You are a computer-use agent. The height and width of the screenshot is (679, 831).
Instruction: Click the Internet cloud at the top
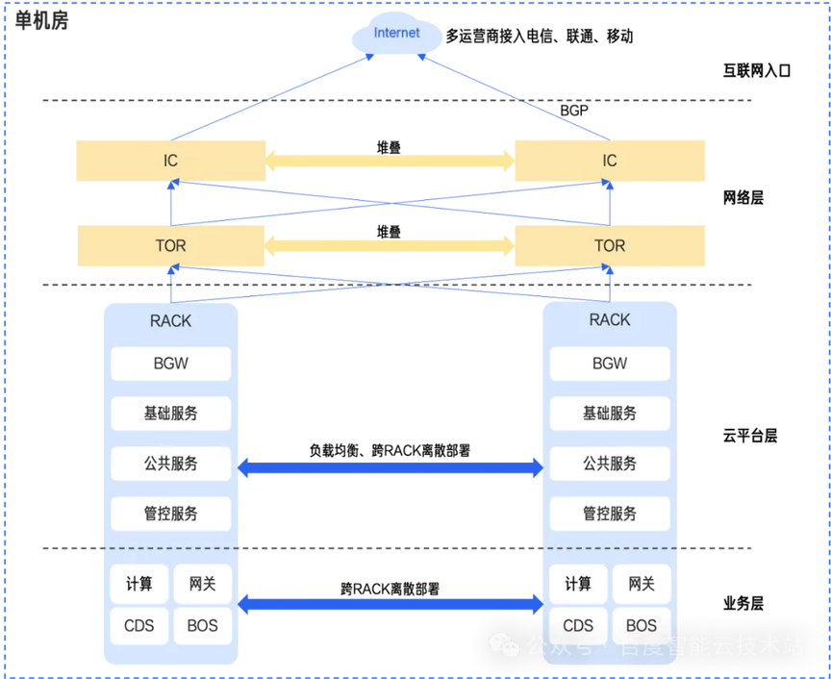click(397, 35)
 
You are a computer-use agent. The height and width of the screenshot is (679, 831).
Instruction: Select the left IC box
click(170, 161)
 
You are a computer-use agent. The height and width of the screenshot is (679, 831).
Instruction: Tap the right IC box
click(610, 161)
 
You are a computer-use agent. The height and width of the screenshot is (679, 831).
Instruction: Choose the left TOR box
click(170, 246)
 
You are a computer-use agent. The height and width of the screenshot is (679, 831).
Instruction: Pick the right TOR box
click(610, 246)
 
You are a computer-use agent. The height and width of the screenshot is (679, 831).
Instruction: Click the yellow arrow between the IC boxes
click(390, 161)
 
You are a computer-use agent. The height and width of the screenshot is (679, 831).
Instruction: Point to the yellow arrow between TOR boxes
click(390, 246)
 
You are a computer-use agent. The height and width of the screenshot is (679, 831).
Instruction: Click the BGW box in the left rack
click(170, 365)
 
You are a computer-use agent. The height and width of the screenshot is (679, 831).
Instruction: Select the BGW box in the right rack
click(610, 365)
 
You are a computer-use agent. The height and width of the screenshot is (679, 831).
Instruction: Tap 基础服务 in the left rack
click(170, 414)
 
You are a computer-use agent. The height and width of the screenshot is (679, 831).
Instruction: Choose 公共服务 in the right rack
click(610, 464)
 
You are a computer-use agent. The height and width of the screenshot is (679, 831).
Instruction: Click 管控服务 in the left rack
click(170, 514)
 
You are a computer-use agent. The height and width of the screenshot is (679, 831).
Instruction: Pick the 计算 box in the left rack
click(139, 584)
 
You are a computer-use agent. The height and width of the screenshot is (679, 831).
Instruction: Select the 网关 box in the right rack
click(642, 584)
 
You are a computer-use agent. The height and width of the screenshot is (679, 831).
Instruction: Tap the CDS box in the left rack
click(139, 625)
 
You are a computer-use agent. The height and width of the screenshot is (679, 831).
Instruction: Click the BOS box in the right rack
click(642, 625)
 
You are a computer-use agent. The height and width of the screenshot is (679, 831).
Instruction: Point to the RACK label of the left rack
click(170, 320)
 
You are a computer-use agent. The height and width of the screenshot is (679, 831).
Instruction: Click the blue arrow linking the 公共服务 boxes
click(390, 468)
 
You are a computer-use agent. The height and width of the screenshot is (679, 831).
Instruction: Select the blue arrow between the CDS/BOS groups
click(390, 605)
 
